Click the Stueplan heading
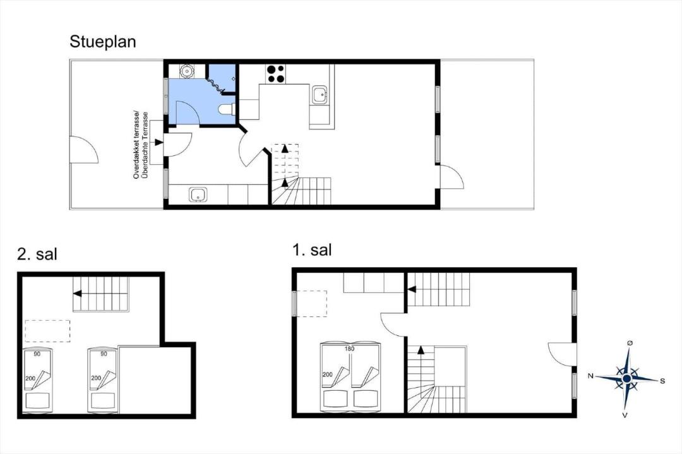[x=103, y=42]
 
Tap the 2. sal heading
[x=37, y=254]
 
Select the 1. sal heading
[x=312, y=250]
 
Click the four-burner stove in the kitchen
[x=275, y=73]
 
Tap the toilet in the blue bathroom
[x=227, y=109]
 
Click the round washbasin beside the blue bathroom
[x=187, y=71]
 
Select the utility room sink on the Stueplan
[x=198, y=194]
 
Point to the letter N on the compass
[x=590, y=376]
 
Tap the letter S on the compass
[x=662, y=381]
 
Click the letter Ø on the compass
[x=630, y=343]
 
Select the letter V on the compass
[x=625, y=415]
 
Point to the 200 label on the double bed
[x=327, y=374]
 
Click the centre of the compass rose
[x=626, y=379]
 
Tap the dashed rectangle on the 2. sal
[x=47, y=332]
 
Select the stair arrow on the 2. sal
[x=101, y=294]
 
